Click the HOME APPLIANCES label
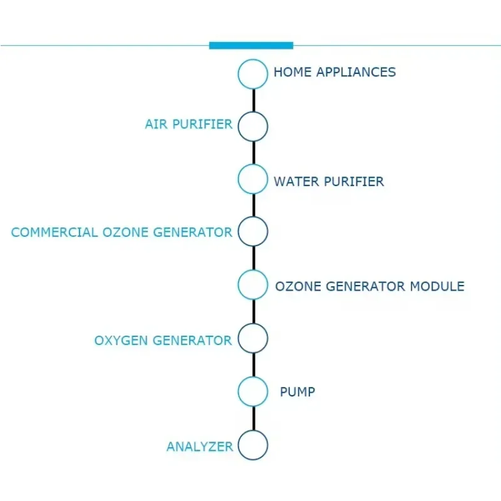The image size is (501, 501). click(334, 72)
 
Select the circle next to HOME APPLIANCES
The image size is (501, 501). click(253, 74)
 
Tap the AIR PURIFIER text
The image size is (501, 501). click(189, 124)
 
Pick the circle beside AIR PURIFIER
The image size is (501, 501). click(253, 127)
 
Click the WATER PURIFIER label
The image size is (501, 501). click(329, 182)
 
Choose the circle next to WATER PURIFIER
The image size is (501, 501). click(253, 179)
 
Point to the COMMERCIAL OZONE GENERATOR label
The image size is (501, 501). click(121, 232)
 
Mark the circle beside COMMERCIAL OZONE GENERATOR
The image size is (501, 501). click(253, 232)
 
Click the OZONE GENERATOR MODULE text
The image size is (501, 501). click(369, 287)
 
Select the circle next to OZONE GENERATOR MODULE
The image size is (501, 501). click(253, 284)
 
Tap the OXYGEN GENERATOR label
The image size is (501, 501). click(163, 341)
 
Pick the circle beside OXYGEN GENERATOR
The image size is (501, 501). click(253, 338)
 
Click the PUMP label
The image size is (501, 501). click(297, 393)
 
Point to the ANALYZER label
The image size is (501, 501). click(199, 447)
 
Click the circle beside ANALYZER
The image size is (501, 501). click(253, 445)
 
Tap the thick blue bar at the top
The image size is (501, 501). click(251, 45)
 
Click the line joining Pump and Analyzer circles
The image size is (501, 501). click(254, 418)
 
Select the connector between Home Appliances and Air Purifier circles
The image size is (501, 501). click(254, 100)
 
